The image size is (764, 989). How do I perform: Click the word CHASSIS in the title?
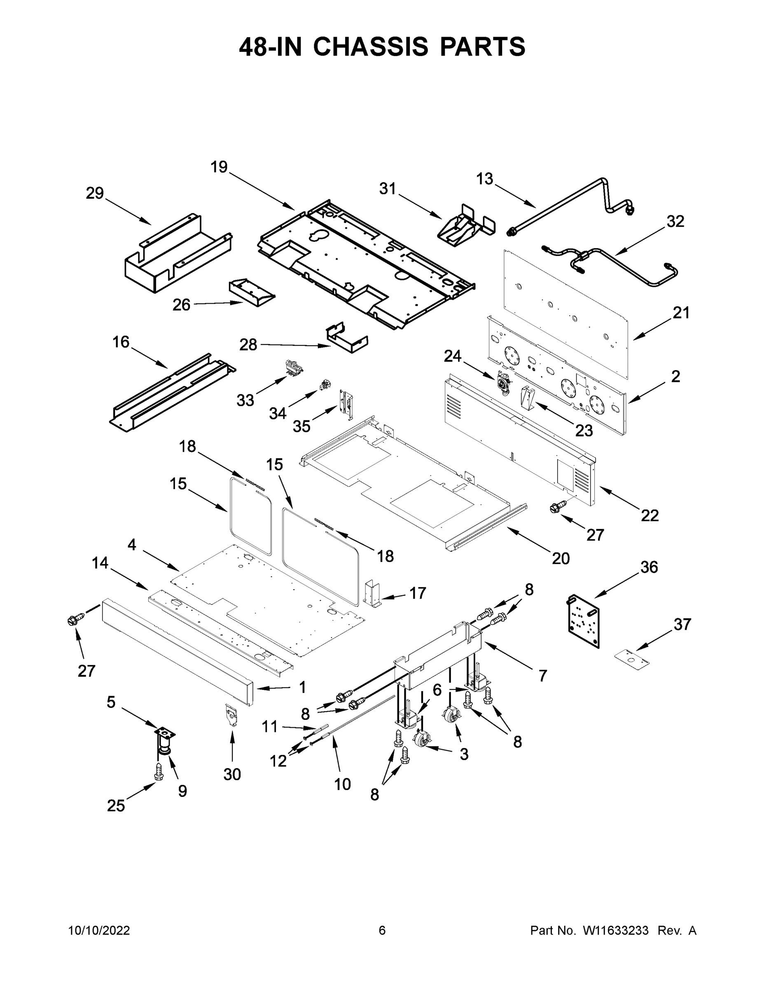tap(370, 47)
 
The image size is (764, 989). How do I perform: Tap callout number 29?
tap(95, 193)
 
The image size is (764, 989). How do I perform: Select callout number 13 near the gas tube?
tap(484, 179)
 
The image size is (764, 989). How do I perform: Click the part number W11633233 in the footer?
tap(616, 930)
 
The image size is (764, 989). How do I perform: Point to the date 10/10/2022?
tap(99, 930)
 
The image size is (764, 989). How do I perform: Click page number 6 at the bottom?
tap(382, 930)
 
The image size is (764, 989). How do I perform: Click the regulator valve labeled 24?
tap(503, 383)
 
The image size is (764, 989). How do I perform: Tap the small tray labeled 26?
tap(252, 293)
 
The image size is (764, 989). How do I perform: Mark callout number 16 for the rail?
tap(121, 342)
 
